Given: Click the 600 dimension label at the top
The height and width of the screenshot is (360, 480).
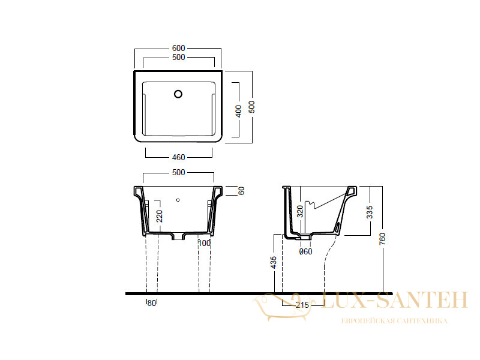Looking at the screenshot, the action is click(x=178, y=48).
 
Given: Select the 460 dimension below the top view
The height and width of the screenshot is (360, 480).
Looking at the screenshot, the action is click(x=178, y=157).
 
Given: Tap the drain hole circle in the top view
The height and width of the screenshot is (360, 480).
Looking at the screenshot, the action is click(x=178, y=94).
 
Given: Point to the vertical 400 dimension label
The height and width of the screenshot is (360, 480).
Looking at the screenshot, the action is click(x=238, y=111).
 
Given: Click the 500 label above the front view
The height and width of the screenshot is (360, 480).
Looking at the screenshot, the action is click(x=178, y=172).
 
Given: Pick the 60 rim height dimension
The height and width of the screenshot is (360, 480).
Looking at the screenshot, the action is click(x=241, y=191).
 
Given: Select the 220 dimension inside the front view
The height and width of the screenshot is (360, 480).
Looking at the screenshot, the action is click(x=160, y=216).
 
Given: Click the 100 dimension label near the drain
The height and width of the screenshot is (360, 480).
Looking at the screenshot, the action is click(x=205, y=243).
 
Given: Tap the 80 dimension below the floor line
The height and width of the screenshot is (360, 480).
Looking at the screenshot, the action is click(x=152, y=303).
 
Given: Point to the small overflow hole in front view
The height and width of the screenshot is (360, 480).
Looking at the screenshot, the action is click(x=178, y=200).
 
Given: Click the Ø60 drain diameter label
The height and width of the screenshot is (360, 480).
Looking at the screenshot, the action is click(x=305, y=251).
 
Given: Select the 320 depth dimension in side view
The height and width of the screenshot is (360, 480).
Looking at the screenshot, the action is click(x=300, y=211).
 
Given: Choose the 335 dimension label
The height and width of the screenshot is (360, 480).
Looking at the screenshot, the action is click(x=370, y=212).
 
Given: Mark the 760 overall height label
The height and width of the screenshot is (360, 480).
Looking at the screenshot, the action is click(x=382, y=239).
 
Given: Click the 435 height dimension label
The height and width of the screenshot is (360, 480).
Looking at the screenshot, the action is click(x=274, y=262).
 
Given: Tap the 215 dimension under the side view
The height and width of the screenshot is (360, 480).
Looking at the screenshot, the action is click(x=302, y=305).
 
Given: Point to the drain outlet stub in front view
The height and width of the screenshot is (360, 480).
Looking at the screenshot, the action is click(x=178, y=236).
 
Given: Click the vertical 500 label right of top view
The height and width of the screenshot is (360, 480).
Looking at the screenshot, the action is click(x=251, y=107).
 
